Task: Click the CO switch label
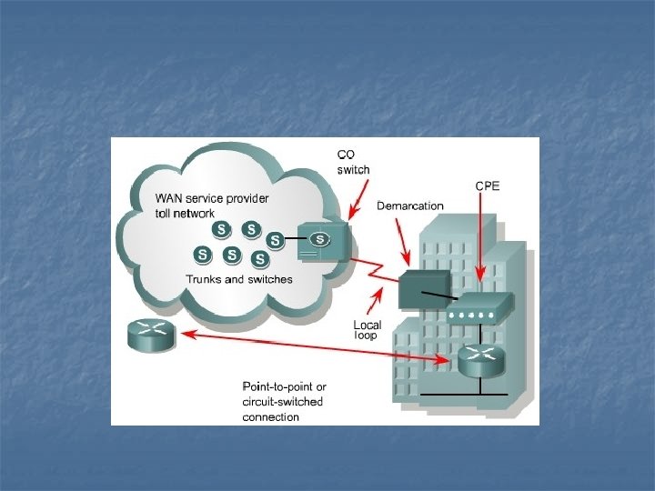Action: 354,162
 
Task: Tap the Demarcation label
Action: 410,205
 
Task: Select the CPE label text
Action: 488,185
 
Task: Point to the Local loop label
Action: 367,329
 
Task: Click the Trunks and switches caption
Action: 239,279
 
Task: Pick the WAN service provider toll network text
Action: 212,205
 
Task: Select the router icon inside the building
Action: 479,361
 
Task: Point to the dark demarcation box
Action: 424,289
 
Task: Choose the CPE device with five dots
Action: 479,310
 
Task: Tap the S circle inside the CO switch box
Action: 319,239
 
